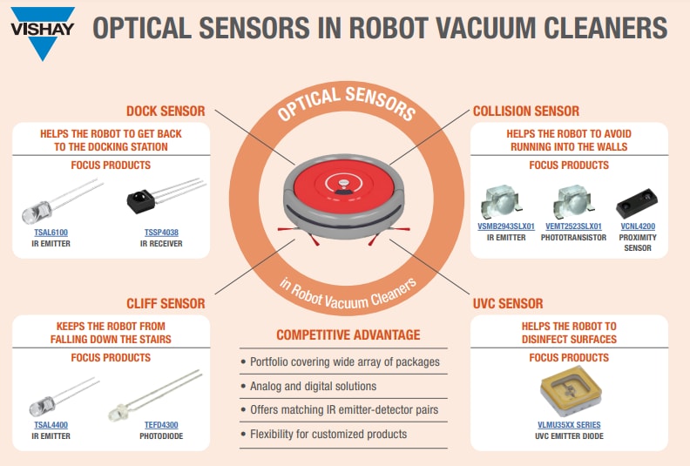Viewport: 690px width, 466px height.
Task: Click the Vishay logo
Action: point(42,31)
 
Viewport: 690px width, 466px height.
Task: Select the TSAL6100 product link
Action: point(51,233)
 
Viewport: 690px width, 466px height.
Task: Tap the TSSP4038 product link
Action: point(163,233)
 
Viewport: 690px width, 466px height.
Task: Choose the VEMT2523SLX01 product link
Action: point(573,226)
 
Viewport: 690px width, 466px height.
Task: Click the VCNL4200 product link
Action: point(636,226)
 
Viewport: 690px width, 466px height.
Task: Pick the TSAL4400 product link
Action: point(51,424)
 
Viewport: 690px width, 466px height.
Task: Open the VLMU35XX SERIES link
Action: point(570,425)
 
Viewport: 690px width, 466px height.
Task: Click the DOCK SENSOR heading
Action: point(166,111)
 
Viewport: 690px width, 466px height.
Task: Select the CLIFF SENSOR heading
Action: point(166,304)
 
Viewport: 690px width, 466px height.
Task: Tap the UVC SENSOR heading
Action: point(508,304)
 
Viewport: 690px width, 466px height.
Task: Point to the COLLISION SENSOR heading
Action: point(525,111)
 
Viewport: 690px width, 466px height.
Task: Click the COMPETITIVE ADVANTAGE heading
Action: point(348,335)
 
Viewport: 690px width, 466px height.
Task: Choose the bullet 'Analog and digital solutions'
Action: point(314,386)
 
